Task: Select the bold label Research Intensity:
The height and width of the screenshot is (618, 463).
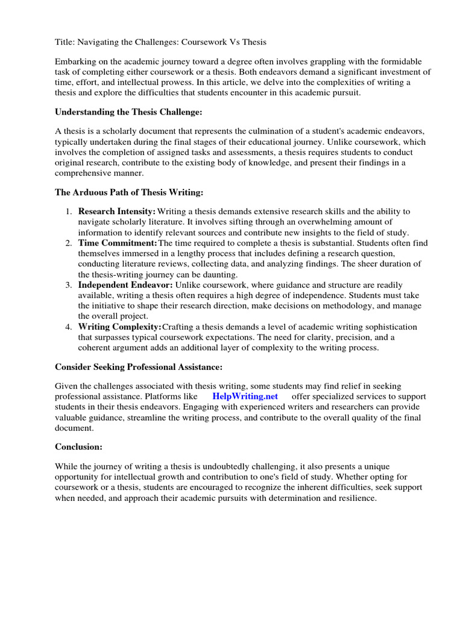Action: pos(117,212)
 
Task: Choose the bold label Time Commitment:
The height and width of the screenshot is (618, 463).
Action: pos(118,243)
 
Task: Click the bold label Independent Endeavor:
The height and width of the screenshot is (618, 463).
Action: pos(125,284)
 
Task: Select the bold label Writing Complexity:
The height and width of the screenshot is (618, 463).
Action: pos(119,327)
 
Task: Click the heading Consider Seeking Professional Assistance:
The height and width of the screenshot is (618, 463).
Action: pos(139,366)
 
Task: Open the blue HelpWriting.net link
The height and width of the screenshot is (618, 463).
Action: pos(245,397)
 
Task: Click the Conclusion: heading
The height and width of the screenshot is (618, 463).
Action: pos(79,447)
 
